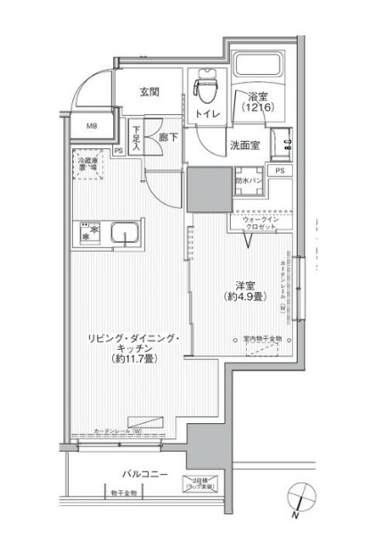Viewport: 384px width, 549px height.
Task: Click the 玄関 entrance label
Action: pyautogui.click(x=149, y=91)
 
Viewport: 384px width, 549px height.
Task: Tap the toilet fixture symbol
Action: pyautogui.click(x=206, y=88)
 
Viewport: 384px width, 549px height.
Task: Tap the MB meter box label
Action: pyautogui.click(x=92, y=127)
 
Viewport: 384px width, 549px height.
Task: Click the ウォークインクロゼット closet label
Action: pyautogui.click(x=261, y=222)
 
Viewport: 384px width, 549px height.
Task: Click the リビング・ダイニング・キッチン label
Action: pyautogui.click(x=134, y=348)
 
